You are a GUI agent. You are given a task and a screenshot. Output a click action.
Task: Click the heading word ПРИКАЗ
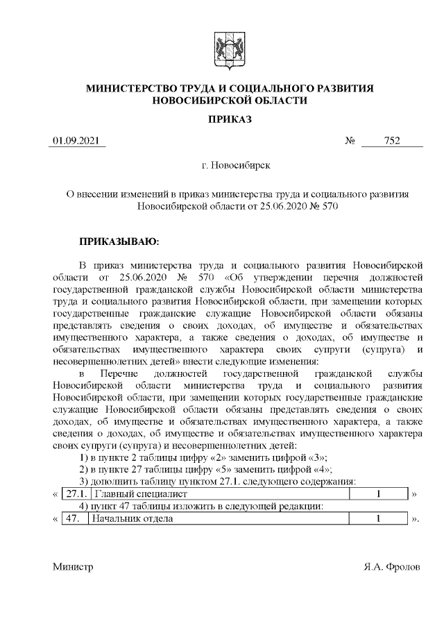(230, 119)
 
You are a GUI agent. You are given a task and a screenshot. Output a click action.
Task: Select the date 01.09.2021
(78, 142)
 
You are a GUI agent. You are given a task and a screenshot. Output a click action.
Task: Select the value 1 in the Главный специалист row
(379, 494)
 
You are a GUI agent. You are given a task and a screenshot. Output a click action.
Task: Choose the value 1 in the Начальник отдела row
(379, 519)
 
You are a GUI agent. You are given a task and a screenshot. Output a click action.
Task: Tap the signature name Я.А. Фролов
(392, 566)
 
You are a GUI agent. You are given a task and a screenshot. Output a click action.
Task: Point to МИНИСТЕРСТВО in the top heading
(133, 89)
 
